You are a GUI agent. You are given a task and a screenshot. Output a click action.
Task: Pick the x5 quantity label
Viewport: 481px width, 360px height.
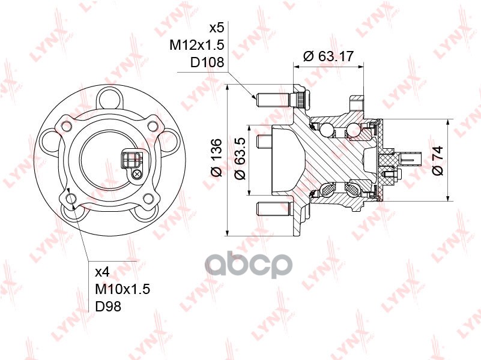tap(216, 28)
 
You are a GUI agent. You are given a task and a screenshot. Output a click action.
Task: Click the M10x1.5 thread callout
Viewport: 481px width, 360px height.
tap(123, 289)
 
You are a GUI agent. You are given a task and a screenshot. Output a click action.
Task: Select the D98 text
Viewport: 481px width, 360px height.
tap(109, 307)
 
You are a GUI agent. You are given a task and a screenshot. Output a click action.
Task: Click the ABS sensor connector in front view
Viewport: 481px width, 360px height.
tap(130, 160)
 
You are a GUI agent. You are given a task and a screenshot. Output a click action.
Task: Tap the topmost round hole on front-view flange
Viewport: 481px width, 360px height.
tap(110, 98)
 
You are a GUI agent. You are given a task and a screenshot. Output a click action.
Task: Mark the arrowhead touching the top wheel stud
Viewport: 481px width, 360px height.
tap(255, 96)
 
